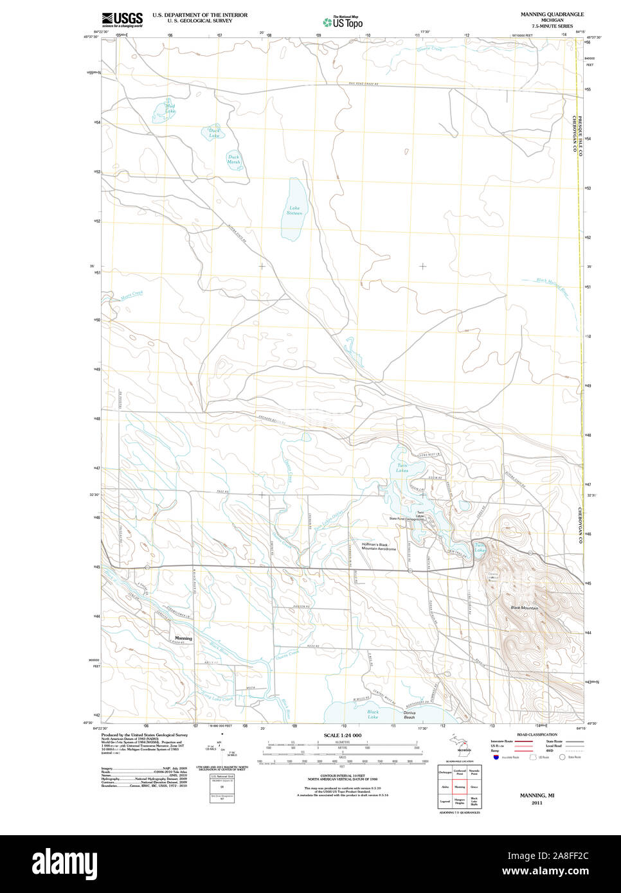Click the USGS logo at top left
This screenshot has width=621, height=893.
click(x=122, y=19)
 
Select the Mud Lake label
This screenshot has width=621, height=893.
click(x=170, y=108)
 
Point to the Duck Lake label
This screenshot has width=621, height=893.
click(x=214, y=133)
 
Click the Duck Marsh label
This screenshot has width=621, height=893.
click(x=233, y=159)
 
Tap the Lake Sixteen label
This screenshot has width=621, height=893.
click(x=294, y=210)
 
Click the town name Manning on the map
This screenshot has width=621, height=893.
click(x=183, y=638)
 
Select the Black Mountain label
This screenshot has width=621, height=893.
click(x=524, y=607)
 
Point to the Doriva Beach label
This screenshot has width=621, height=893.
click(x=410, y=714)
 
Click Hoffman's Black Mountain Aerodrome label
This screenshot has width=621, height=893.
click(x=379, y=547)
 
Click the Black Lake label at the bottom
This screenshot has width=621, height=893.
click(x=373, y=714)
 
